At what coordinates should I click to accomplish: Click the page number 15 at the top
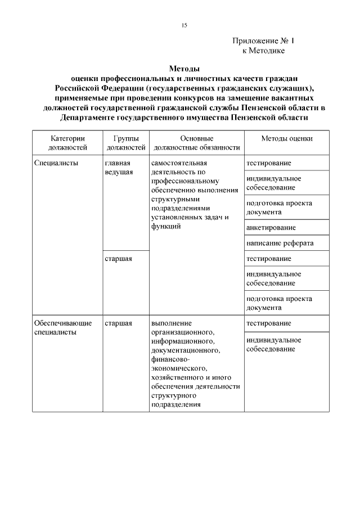click(x=184, y=26)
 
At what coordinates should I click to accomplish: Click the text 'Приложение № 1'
click(x=263, y=41)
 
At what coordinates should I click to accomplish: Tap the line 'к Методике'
click(x=263, y=51)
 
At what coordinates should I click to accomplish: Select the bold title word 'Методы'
click(x=184, y=69)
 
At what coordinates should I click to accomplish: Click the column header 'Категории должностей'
click(x=67, y=143)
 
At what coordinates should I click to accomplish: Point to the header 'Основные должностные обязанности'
click(x=196, y=143)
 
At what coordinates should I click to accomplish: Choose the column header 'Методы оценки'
click(x=287, y=138)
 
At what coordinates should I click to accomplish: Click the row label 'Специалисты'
click(x=56, y=163)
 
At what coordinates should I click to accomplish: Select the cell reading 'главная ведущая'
click(x=119, y=167)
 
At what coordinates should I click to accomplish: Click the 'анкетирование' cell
click(x=271, y=228)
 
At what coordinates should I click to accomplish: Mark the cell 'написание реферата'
click(x=280, y=243)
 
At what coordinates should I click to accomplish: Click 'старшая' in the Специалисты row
click(x=118, y=258)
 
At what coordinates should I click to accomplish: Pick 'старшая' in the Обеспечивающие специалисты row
click(x=118, y=323)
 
